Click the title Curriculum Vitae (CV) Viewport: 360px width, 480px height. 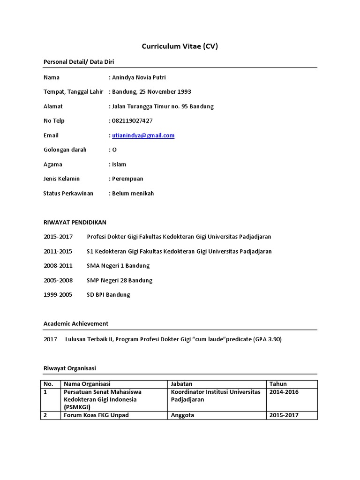180,46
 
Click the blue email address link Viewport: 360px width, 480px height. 143,135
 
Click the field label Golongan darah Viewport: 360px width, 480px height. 62,150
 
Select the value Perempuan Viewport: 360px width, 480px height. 127,179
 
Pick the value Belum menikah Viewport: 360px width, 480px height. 133,193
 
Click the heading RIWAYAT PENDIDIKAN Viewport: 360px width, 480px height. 75,222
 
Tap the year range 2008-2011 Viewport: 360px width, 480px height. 58,266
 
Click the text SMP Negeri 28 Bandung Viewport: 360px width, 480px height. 120,280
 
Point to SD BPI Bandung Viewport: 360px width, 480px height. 108,295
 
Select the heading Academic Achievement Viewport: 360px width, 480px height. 75,323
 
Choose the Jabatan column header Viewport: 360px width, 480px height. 182,384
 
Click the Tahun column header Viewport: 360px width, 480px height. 278,384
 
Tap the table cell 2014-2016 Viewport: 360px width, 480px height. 284,392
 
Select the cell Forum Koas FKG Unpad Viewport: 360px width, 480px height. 96,415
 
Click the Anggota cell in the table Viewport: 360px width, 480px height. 183,415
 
